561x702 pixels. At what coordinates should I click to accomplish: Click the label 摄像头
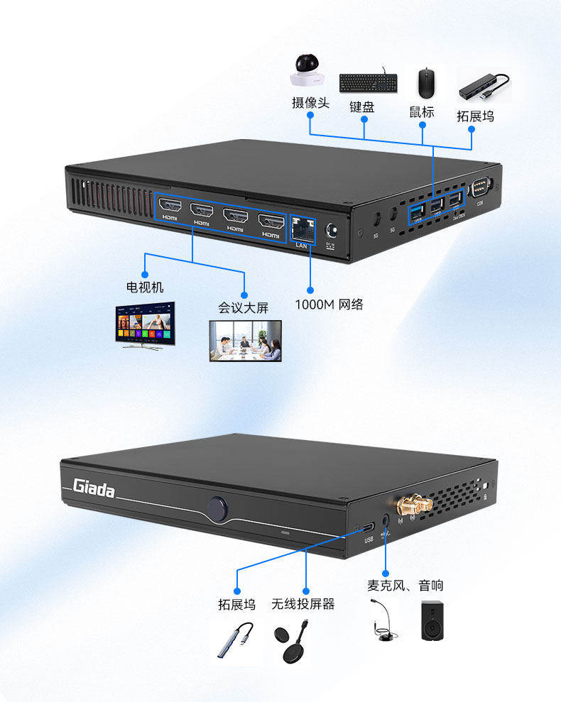310,103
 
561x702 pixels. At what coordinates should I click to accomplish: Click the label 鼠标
421,112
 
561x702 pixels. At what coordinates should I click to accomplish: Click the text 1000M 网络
329,305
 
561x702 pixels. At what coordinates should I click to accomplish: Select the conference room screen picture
245,341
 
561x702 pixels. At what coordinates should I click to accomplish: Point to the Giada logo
94,488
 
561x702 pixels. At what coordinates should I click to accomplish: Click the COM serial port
480,188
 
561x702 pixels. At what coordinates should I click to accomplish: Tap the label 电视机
145,287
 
